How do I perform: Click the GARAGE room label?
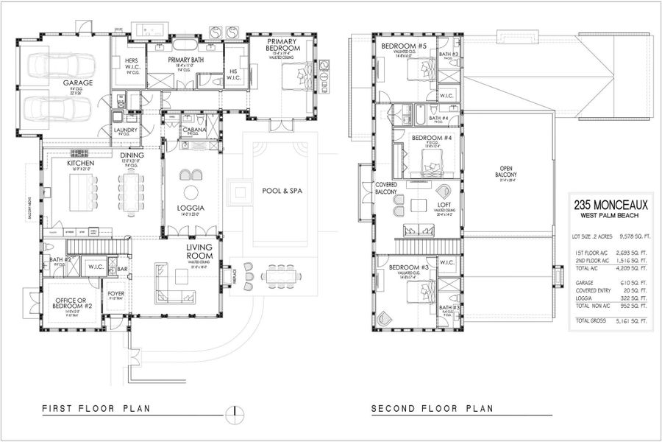pos(77,83)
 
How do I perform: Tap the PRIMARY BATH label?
pos(185,60)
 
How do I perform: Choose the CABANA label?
pos(195,130)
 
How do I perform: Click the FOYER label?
pos(116,293)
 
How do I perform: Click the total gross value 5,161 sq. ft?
pos(635,321)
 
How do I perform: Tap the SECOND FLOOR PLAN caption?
pos(431,408)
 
